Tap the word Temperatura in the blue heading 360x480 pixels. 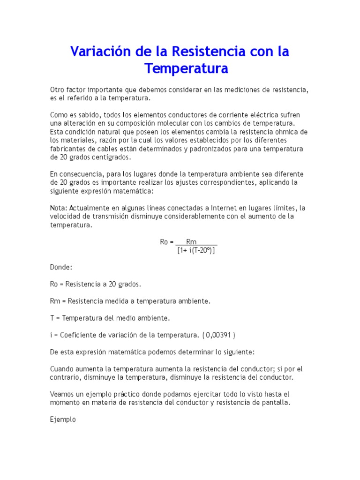click(x=186, y=69)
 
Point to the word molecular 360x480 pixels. click(x=167, y=123)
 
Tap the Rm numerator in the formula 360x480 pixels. click(x=191, y=242)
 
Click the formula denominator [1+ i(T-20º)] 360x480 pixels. click(x=196, y=250)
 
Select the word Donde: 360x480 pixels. click(x=61, y=267)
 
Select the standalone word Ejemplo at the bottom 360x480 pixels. click(x=63, y=420)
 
